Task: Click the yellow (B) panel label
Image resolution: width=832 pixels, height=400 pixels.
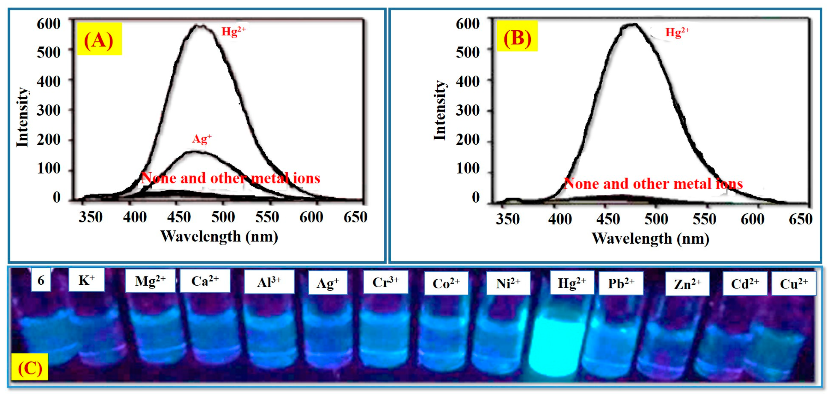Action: tap(517, 37)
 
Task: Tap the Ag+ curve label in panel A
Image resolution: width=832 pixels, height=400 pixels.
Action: tap(202, 139)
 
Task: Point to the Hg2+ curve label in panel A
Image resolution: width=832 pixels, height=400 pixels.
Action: tap(233, 31)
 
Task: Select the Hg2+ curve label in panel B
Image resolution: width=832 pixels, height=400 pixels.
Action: tap(677, 32)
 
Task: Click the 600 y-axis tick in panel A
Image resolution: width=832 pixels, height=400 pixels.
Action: tap(49, 24)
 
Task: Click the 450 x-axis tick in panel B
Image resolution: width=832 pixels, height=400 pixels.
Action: tap(608, 219)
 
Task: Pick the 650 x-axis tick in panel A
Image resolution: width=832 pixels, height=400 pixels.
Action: tap(355, 217)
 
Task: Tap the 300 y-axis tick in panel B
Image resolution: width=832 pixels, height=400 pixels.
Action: tap(467, 111)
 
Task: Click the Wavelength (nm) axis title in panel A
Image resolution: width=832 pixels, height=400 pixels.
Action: tap(219, 236)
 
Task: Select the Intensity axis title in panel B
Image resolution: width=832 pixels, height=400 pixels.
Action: tap(440, 111)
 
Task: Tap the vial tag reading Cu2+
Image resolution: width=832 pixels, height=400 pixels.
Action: tap(794, 284)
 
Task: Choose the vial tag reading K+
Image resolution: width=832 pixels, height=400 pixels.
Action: tap(86, 280)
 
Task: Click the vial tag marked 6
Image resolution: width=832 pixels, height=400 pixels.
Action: tap(41, 280)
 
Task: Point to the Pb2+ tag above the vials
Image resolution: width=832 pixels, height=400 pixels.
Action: tap(621, 283)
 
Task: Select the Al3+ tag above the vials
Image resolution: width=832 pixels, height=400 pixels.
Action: tap(269, 282)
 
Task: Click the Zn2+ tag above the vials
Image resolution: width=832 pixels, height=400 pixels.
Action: tap(687, 284)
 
